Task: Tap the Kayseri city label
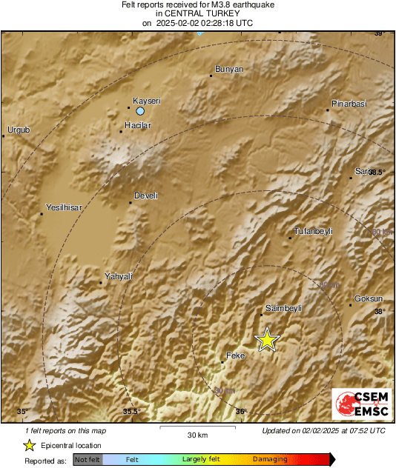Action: (x=146, y=101)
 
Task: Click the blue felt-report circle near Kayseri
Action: (x=140, y=111)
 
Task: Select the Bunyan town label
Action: (x=228, y=70)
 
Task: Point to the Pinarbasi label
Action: (x=349, y=104)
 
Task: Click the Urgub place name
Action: (x=19, y=130)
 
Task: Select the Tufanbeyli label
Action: (x=314, y=232)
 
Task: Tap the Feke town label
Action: (x=234, y=355)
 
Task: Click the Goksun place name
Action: (x=369, y=298)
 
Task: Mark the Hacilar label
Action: (x=137, y=125)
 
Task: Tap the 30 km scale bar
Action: (x=197, y=428)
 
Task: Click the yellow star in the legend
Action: (x=29, y=445)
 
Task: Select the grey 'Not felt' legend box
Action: (x=88, y=460)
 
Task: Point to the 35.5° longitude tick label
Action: (x=131, y=412)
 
